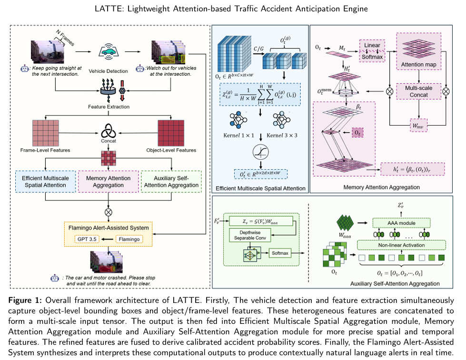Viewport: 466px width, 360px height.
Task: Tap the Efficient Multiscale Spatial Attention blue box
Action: coord(45,182)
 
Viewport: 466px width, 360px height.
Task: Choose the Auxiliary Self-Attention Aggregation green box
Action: coord(171,182)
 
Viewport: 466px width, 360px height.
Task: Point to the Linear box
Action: coord(372,46)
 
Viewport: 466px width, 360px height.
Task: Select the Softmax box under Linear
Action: coord(372,57)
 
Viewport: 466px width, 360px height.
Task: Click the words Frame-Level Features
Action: coord(45,150)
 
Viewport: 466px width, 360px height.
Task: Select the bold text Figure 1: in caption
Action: coord(24,301)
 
